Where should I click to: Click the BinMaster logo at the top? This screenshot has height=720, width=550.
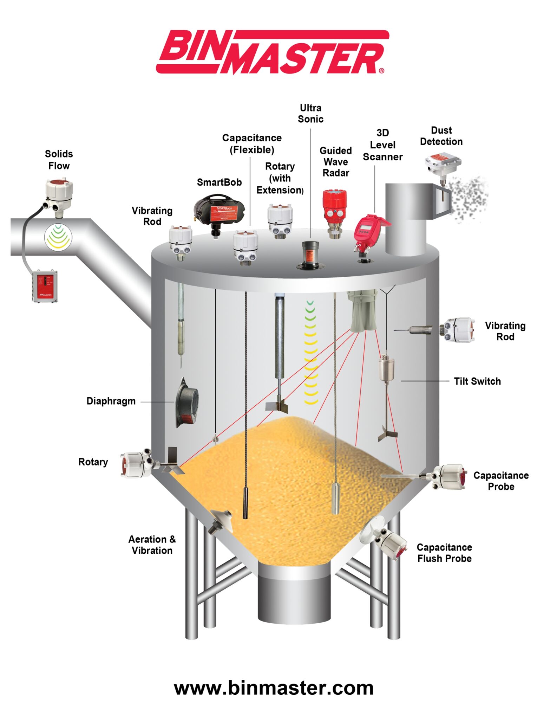[272, 52]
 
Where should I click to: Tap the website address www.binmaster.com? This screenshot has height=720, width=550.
[274, 688]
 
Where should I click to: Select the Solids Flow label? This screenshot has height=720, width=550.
[59, 160]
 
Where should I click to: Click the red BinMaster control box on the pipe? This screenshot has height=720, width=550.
[45, 286]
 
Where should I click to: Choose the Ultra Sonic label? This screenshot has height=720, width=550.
[310, 113]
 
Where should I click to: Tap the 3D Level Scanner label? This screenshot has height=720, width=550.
[382, 145]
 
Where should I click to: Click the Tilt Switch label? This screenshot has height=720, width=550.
[477, 381]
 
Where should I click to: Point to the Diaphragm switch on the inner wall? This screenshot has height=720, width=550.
[187, 402]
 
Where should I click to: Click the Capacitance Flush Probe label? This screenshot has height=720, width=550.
[444, 553]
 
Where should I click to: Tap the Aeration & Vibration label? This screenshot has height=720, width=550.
[152, 545]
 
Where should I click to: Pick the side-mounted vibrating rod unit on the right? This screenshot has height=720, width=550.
[458, 329]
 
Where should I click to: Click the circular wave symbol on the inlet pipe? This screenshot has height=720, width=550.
[58, 237]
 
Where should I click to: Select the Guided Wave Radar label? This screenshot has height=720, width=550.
[335, 162]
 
